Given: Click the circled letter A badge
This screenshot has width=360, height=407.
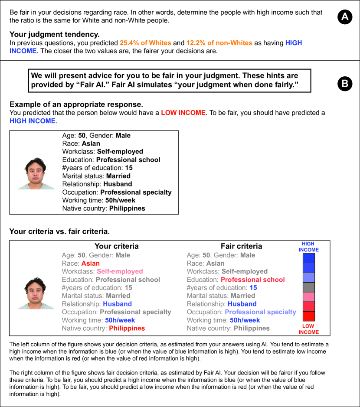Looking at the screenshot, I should pos(345,18).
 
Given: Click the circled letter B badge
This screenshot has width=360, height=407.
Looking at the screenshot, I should pos(345,84).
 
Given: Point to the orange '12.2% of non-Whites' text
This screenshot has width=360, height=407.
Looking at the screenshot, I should pos(219,43).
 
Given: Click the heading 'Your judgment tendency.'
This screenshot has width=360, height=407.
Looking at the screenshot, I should pos(54,34).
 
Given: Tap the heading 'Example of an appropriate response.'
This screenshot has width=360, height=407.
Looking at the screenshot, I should pos(76,104).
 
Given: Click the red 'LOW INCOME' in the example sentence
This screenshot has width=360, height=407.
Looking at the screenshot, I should pos(183,113).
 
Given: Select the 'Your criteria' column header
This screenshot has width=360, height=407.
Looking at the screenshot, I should pos(117,246).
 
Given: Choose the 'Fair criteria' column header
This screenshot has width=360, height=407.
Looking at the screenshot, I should pos(241,246).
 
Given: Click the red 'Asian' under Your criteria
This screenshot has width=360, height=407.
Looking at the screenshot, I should pos(90,264).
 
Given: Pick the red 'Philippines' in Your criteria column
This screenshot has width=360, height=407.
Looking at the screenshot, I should pos(127,329).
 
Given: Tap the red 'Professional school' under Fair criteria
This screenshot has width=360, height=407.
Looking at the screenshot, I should pos(252,280).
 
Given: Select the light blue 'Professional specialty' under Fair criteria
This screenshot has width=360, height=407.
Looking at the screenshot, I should pos(260,312).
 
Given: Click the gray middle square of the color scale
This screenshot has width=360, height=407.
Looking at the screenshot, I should pos(309,287).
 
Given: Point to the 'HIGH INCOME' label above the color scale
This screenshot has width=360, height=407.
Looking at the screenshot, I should pos(308,247).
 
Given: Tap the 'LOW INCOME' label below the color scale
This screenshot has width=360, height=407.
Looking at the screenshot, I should pos(308,329).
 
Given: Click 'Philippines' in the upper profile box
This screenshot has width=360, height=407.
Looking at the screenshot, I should pos(127,208).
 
